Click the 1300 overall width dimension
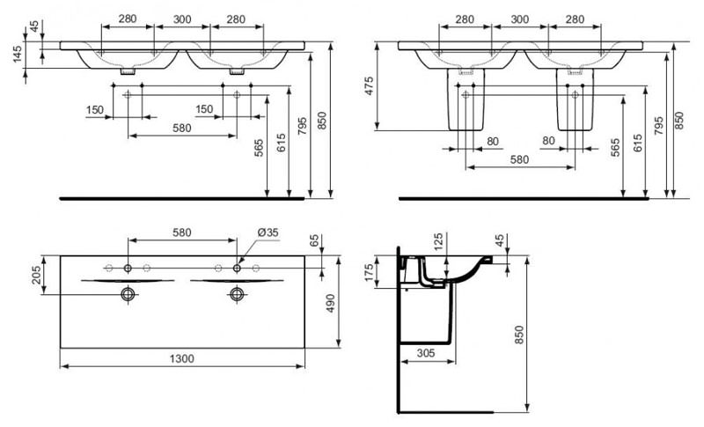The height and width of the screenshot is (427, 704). [182, 358]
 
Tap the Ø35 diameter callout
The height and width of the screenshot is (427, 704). [268, 232]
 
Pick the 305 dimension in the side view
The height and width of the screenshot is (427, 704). [426, 353]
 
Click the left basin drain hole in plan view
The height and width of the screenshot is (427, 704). [128, 293]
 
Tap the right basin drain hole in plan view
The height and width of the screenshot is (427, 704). [236, 293]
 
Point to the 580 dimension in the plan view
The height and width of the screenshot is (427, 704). [181, 232]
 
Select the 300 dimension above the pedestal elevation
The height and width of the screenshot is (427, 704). [519, 18]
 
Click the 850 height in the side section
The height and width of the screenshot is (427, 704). [518, 335]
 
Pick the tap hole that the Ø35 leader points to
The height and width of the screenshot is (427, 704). [236, 267]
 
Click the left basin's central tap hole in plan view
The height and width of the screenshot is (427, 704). [128, 267]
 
